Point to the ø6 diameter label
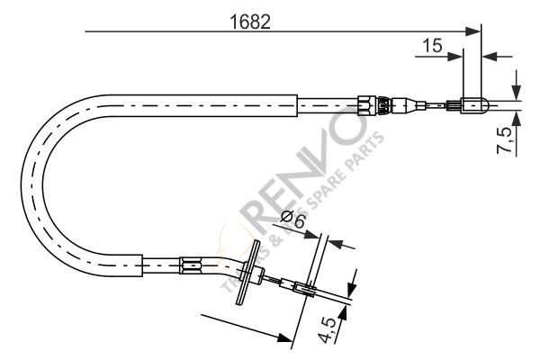coord(292,220)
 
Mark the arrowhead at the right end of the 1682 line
coord(474,32)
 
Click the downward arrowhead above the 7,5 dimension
coord(516,93)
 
